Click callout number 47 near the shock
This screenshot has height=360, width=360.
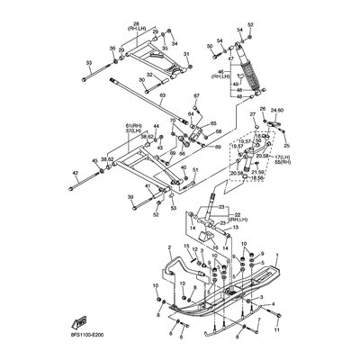(x=231, y=58)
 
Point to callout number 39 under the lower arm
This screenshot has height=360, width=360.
(x=130, y=196)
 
